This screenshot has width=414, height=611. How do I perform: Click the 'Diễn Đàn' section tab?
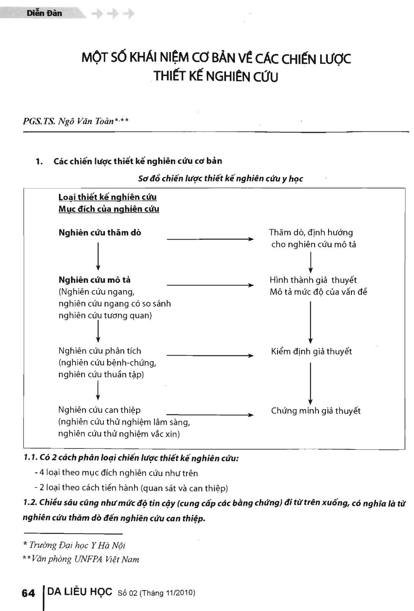pyautogui.click(x=44, y=13)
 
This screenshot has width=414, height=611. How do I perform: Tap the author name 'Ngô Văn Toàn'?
pyautogui.click(x=86, y=121)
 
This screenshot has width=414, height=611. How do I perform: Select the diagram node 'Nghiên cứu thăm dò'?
pyautogui.click(x=100, y=233)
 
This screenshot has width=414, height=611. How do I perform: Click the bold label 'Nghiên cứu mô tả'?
pyautogui.click(x=95, y=280)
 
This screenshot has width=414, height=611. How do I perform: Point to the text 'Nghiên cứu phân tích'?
pyautogui.click(x=100, y=351)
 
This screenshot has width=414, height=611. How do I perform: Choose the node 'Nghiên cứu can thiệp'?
pyautogui.click(x=100, y=410)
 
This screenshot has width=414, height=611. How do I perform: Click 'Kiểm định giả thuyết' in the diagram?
pyautogui.click(x=311, y=351)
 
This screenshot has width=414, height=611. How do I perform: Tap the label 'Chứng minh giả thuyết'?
pyautogui.click(x=316, y=411)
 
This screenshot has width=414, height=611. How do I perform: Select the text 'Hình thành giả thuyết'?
pyautogui.click(x=313, y=280)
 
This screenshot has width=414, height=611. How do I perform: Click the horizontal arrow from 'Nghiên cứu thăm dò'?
pyautogui.click(x=210, y=239)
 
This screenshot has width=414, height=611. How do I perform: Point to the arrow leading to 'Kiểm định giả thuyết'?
pyautogui.click(x=210, y=356)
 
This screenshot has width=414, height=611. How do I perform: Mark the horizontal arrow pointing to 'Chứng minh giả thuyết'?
pyautogui.click(x=210, y=415)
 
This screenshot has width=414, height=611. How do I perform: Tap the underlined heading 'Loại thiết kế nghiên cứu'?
pyautogui.click(x=107, y=197)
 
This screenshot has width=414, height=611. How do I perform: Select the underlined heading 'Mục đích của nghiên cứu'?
pyautogui.click(x=109, y=209)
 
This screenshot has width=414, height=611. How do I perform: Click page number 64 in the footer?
pyautogui.click(x=28, y=593)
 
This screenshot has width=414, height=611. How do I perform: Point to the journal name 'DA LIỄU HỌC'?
pyautogui.click(x=80, y=592)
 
